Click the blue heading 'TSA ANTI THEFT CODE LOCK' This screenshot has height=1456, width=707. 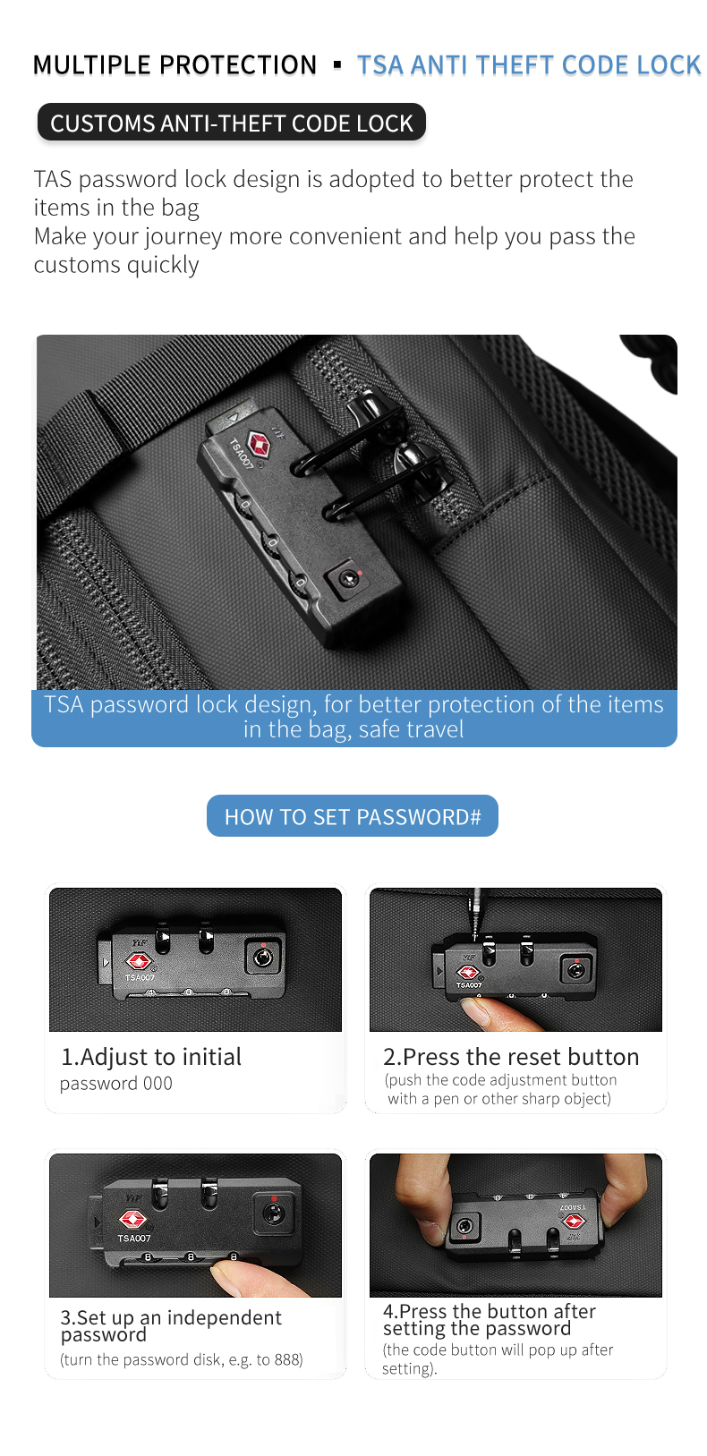pyautogui.click(x=528, y=65)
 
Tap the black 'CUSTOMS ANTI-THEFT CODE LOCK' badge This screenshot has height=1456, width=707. pyautogui.click(x=231, y=123)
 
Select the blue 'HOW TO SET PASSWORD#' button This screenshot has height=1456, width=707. pyautogui.click(x=353, y=816)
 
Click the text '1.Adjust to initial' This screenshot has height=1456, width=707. pyautogui.click(x=151, y=1057)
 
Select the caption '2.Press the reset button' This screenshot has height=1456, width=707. pyautogui.click(x=511, y=1057)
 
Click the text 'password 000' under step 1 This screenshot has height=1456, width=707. pyautogui.click(x=116, y=1084)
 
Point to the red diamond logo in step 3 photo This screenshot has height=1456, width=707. pyautogui.click(x=133, y=1219)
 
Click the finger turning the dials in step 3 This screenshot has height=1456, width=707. pyautogui.click(x=234, y=1275)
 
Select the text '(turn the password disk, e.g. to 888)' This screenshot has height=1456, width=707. pyautogui.click(x=182, y=1359)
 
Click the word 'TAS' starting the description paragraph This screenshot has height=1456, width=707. pyautogui.click(x=52, y=179)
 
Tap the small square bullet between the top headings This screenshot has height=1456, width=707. pyautogui.click(x=337, y=65)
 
